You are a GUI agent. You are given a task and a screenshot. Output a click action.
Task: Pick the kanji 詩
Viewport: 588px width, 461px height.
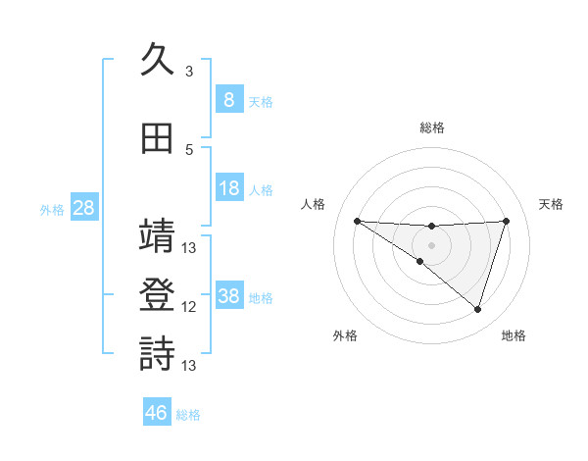[158, 354]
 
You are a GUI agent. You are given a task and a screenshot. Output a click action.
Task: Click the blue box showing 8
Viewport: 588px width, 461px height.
[228, 99]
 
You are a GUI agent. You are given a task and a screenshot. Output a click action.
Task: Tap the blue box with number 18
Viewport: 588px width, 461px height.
[228, 188]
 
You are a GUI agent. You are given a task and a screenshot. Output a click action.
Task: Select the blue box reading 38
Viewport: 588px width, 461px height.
[228, 296]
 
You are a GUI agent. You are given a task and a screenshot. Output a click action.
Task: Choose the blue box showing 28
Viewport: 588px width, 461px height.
[82, 208]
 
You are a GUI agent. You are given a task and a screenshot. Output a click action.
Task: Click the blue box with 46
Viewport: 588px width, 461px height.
[157, 413]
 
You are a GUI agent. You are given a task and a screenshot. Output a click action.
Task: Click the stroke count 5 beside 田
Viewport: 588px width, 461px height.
[189, 150]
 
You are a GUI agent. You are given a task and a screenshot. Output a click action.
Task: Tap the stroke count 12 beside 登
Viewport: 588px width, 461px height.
[189, 307]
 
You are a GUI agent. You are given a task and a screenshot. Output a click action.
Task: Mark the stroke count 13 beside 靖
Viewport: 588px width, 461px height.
[189, 248]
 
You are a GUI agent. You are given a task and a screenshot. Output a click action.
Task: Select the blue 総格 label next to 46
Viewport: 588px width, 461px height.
[188, 415]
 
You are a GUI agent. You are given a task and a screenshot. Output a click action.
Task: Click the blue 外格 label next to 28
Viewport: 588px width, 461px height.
[52, 209]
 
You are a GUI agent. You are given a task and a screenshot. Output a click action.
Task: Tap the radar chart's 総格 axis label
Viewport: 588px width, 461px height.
[431, 128]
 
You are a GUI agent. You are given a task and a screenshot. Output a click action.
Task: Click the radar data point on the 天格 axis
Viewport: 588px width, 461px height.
[507, 221]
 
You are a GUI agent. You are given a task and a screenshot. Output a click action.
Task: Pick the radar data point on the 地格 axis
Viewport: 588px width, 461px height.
[477, 309]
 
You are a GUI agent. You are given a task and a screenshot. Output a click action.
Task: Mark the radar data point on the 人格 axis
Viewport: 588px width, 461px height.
[357, 221]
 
